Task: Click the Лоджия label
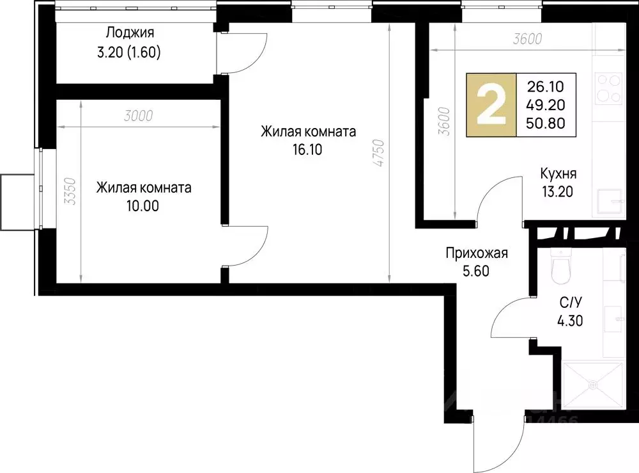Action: pyautogui.click(x=130, y=32)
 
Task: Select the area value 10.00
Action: pyautogui.click(x=143, y=206)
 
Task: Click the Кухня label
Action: pyautogui.click(x=558, y=173)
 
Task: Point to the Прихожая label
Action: pyautogui.click(x=476, y=253)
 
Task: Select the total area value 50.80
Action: pyautogui.click(x=545, y=124)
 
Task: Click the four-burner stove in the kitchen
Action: pyautogui.click(x=608, y=88)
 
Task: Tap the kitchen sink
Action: pyautogui.click(x=611, y=204)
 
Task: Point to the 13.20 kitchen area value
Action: pyautogui.click(x=558, y=190)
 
